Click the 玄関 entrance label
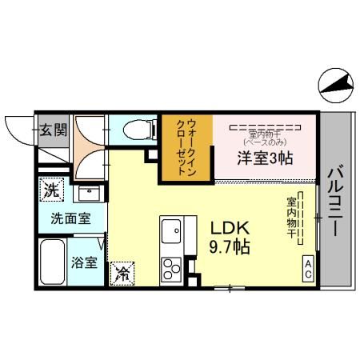pyautogui.click(x=54, y=129)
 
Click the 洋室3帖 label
pyautogui.click(x=264, y=158)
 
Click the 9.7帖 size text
pyautogui.click(x=231, y=246)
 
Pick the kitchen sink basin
pyautogui.click(x=172, y=233)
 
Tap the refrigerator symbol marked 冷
pyautogui.click(x=123, y=273)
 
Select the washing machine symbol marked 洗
pyautogui.click(x=51, y=191)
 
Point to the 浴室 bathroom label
pyautogui.click(x=85, y=262)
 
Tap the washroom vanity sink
pyautogui.click(x=88, y=194)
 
